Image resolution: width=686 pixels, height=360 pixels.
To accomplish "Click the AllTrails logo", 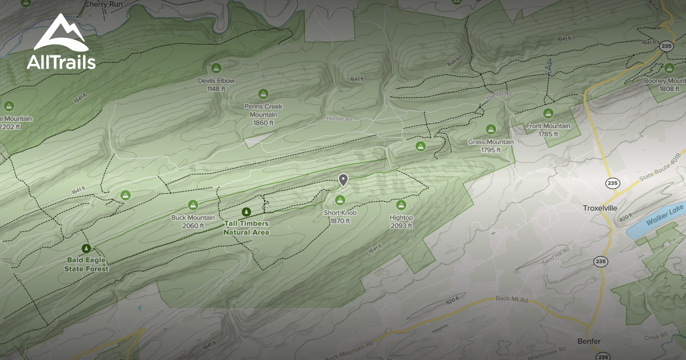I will (x=61, y=42).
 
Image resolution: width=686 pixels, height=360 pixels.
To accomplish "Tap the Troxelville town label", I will (x=600, y=208).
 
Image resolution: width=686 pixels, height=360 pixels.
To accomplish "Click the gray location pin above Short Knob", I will (x=343, y=181).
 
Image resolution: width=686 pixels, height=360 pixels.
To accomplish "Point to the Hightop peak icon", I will (x=401, y=205).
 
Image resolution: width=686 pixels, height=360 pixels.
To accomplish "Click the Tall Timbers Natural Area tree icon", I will (x=246, y=212).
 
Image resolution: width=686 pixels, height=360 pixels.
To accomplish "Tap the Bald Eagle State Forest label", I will (x=86, y=263).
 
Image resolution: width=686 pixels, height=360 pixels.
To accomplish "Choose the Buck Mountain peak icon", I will (x=193, y=205).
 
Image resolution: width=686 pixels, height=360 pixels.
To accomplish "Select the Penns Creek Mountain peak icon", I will (x=264, y=94).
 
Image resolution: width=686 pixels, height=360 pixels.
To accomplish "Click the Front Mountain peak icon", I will (x=548, y=113).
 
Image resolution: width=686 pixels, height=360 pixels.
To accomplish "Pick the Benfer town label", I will (x=588, y=341).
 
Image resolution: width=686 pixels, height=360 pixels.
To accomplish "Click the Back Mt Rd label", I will (x=511, y=299).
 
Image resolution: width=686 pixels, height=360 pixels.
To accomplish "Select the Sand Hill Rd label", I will (x=556, y=255).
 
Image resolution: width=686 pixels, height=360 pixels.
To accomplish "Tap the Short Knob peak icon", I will (x=340, y=199).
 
